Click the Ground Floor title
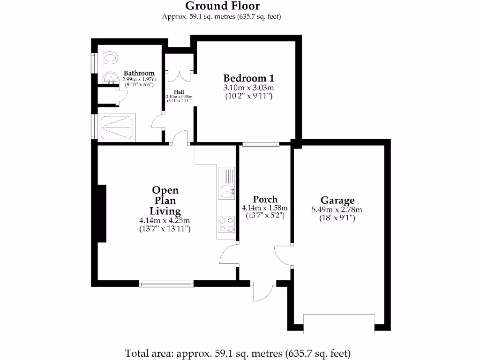click(222, 6)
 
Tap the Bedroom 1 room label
click(248, 78)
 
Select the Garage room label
click(337, 200)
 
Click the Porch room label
click(265, 199)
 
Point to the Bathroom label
click(139, 73)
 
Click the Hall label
click(179, 92)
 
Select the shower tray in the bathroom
click(117, 127)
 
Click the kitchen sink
click(227, 191)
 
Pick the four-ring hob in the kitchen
click(227, 225)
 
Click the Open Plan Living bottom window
click(166, 283)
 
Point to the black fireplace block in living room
click(101, 213)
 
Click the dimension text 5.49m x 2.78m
click(337, 210)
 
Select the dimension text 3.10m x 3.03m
click(248, 88)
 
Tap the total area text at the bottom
click(238, 353)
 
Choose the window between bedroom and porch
click(261, 144)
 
